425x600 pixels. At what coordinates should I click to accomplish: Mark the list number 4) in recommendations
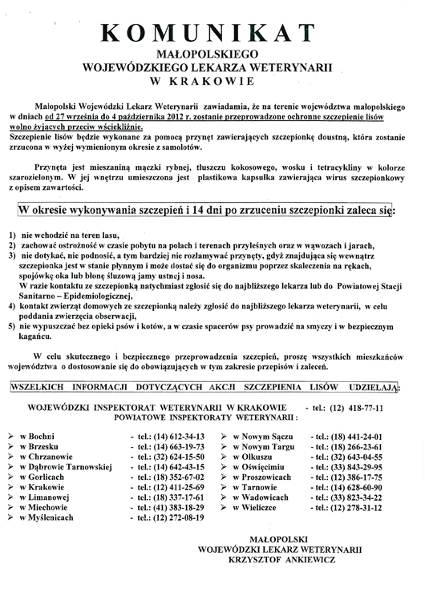coord(10,305)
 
